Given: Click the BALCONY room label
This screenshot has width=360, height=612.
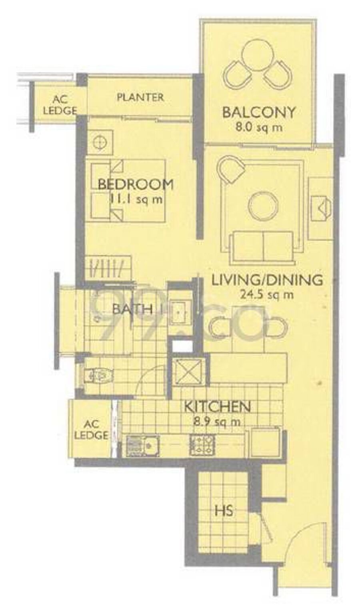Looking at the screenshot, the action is (x=258, y=112).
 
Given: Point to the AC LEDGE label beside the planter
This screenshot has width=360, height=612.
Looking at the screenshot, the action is (x=60, y=105).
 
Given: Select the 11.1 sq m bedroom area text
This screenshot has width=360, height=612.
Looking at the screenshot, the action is (x=136, y=199).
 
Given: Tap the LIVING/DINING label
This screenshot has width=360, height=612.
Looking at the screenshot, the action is (x=267, y=280).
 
